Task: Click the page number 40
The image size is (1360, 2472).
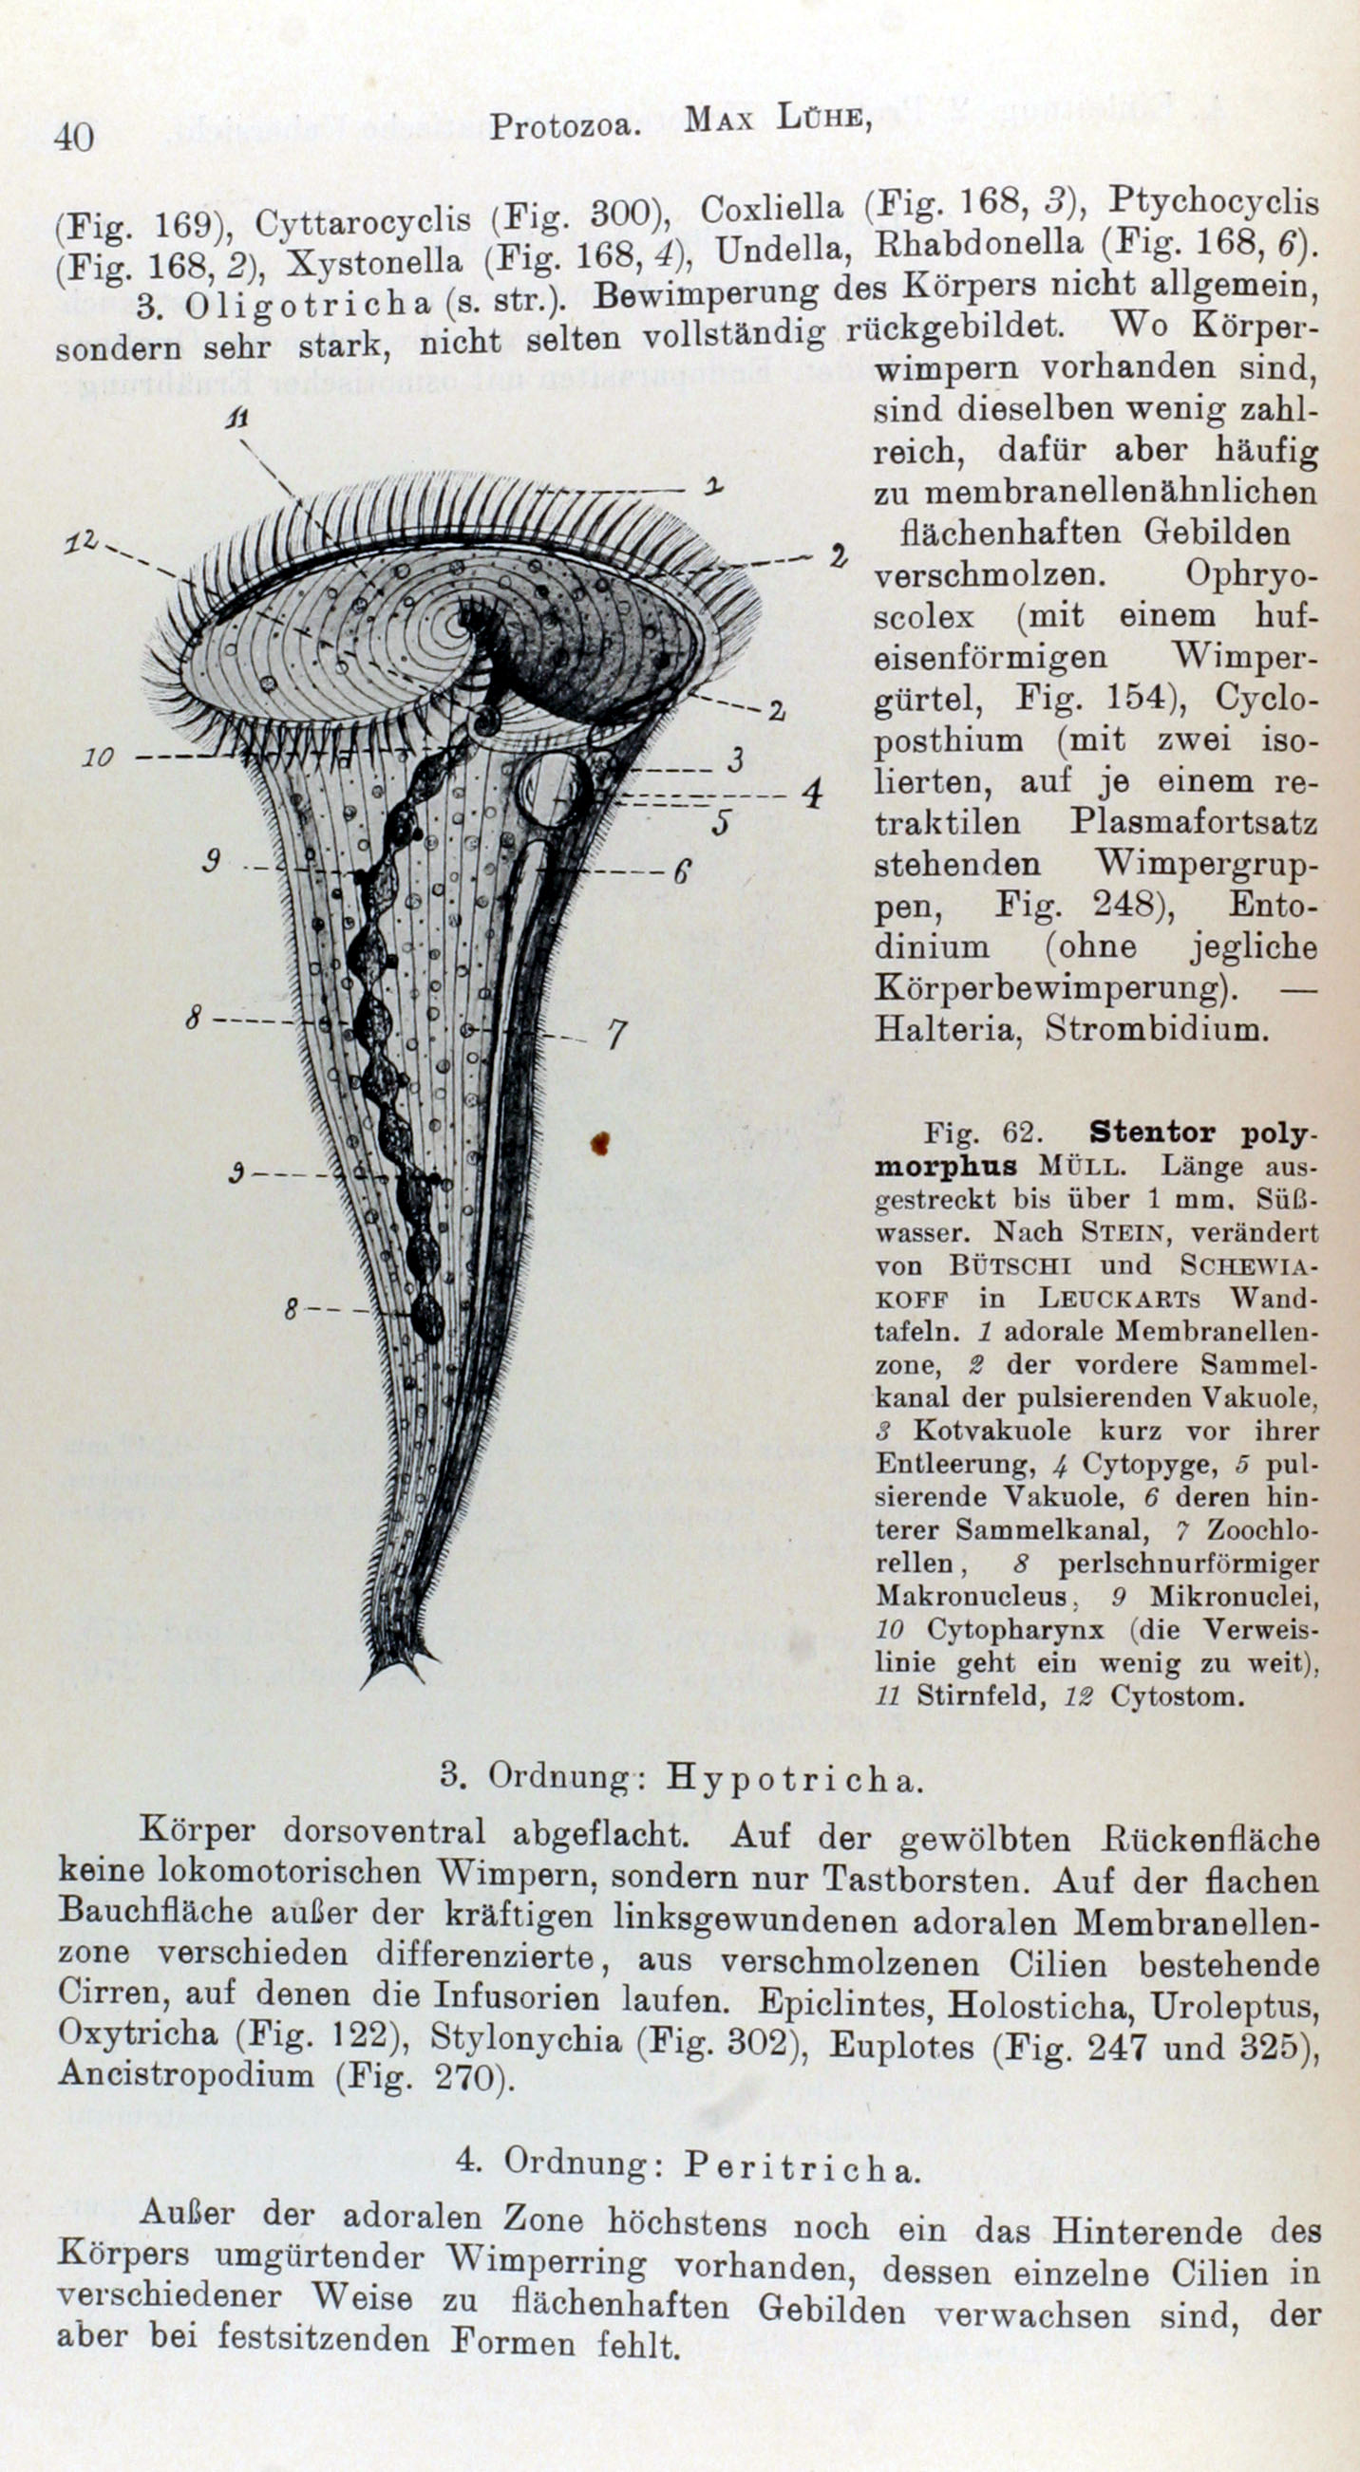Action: coord(74,137)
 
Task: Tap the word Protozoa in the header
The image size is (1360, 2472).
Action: coord(564,126)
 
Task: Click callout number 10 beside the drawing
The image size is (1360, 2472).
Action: coord(98,758)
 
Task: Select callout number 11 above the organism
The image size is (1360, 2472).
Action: coord(236,420)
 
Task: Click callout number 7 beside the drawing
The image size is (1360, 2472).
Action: coord(615,1034)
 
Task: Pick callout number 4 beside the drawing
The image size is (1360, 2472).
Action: coord(812,794)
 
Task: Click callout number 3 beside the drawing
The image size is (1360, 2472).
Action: coord(735,760)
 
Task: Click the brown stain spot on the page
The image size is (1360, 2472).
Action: coord(601,1142)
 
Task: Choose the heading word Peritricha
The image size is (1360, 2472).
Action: coord(802,2165)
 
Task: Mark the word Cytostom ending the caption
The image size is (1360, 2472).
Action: coord(1176,1695)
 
